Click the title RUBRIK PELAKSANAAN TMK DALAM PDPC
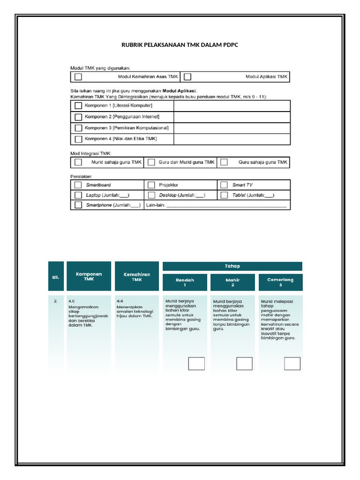click(x=180, y=45)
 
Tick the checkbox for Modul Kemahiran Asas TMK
click(x=79, y=76)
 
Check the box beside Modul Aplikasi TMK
click(x=187, y=76)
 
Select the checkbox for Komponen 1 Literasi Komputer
click(x=79, y=106)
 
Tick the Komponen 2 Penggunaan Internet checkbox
click(x=79, y=117)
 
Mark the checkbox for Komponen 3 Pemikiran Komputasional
click(x=79, y=128)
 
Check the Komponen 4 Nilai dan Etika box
click(x=79, y=139)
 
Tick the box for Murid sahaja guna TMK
click(x=79, y=162)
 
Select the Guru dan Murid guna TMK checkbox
click(x=151, y=162)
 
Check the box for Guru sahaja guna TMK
click(x=224, y=162)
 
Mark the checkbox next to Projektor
click(x=151, y=185)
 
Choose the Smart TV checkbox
click(x=224, y=185)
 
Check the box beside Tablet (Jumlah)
click(x=224, y=195)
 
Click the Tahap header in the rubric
click(x=232, y=266)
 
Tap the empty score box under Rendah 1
click(x=196, y=363)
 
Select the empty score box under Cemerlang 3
click(x=292, y=363)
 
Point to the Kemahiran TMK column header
click(x=136, y=277)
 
